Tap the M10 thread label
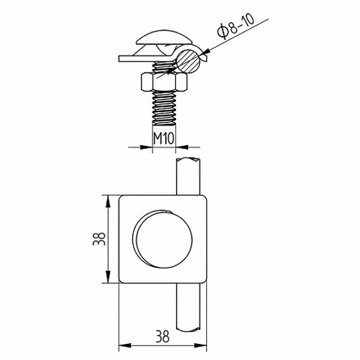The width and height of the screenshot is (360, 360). click(164, 138)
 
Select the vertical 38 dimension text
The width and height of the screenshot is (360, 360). click(99, 239)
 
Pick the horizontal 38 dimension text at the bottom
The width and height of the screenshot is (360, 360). click(163, 336)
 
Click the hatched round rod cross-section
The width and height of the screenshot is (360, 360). click(188, 61)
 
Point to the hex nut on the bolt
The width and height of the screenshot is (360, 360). click(165, 81)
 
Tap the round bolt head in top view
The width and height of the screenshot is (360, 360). click(165, 239)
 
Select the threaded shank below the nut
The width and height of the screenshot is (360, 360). click(164, 107)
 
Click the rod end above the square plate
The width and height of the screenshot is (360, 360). click(188, 176)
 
